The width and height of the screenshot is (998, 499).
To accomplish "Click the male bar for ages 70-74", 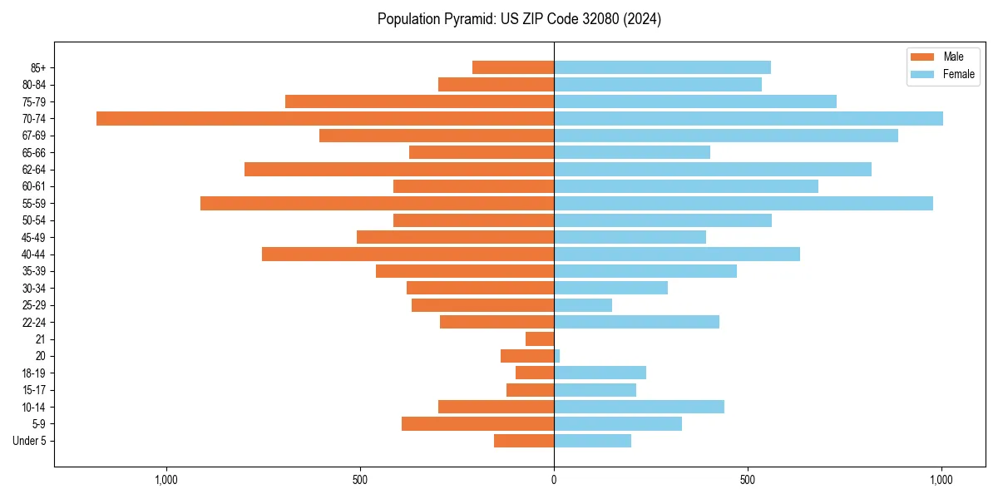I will (325, 118).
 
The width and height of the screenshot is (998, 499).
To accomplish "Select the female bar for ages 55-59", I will (744, 203).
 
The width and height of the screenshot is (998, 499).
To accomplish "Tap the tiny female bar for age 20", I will (557, 356).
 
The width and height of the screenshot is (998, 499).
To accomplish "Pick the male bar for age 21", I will (540, 338).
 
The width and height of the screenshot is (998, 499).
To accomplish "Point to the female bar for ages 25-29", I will (583, 305).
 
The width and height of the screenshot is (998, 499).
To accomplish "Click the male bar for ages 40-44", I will (408, 254).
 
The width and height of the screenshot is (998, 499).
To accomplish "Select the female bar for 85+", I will (662, 67).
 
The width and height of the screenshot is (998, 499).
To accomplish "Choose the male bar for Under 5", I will (524, 441).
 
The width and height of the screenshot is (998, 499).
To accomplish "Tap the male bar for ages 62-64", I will (399, 169).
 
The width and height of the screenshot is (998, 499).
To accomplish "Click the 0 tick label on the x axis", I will (554, 480).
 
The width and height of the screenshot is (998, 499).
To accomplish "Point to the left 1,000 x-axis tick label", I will (166, 480).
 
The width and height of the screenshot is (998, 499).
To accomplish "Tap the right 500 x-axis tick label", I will (748, 480).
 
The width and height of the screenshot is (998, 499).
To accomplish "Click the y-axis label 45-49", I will (34, 237).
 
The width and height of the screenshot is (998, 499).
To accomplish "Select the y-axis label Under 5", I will (29, 441).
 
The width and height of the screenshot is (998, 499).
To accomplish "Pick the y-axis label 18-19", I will (34, 373).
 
